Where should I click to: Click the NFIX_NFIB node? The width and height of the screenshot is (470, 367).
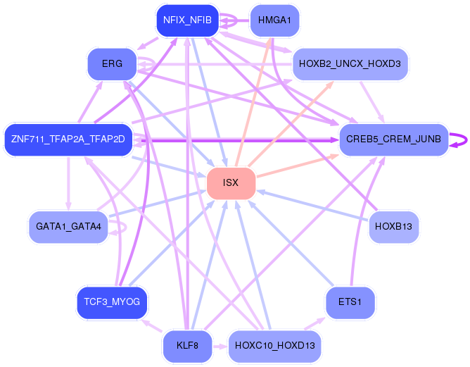pyautogui.click(x=188, y=20)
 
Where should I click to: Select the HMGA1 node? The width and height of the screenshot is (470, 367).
pyautogui.click(x=274, y=20)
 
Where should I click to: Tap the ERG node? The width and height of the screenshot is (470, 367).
pyautogui.click(x=112, y=64)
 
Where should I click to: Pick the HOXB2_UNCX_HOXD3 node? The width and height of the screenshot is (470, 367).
pyautogui.click(x=350, y=64)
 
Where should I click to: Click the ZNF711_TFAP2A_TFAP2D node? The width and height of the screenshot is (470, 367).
pyautogui.click(x=68, y=139)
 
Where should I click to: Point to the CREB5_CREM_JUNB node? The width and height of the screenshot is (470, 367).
pyautogui.click(x=393, y=139)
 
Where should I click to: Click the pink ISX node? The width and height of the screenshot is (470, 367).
pyautogui.click(x=231, y=183)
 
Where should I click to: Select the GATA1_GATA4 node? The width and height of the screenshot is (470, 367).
pyautogui.click(x=68, y=227)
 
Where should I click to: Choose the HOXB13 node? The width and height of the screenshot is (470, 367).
pyautogui.click(x=393, y=227)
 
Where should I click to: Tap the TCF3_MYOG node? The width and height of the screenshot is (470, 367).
pyautogui.click(x=112, y=302)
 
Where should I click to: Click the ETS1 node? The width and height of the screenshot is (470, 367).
pyautogui.click(x=350, y=302)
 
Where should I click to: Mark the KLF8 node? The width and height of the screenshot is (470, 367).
pyautogui.click(x=188, y=346)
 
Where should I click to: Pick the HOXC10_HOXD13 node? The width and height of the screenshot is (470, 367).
pyautogui.click(x=274, y=346)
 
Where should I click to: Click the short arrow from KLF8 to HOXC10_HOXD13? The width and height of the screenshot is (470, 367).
pyautogui.click(x=220, y=347)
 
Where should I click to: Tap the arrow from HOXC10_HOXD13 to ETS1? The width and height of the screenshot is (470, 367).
pyautogui.click(x=315, y=323)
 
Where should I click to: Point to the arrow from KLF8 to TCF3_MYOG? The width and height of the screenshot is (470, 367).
pyautogui.click(x=152, y=326)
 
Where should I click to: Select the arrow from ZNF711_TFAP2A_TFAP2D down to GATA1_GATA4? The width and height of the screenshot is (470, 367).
pyautogui.click(x=68, y=183)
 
